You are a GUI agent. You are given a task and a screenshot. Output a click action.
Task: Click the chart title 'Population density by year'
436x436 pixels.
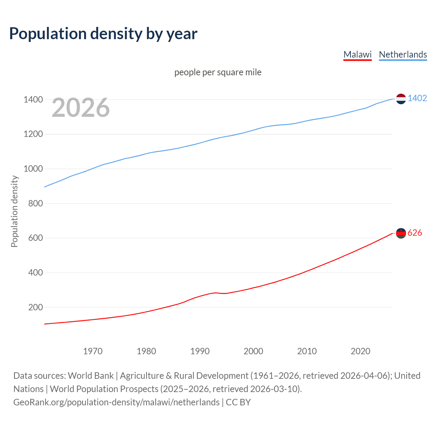(103, 34)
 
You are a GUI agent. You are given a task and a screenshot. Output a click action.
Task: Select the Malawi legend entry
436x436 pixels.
(357, 54)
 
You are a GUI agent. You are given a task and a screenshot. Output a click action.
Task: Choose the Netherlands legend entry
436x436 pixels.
(403, 54)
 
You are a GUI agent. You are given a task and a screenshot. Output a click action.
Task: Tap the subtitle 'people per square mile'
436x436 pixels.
(218, 72)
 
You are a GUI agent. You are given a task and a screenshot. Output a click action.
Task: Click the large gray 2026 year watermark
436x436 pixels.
(81, 108)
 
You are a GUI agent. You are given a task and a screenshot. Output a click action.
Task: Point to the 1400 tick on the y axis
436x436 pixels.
(33, 99)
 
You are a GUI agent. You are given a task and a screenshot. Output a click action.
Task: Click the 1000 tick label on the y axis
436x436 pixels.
(33, 169)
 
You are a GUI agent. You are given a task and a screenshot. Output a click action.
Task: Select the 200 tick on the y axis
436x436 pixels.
(35, 307)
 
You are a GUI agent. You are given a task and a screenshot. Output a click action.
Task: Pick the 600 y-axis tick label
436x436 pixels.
(35, 238)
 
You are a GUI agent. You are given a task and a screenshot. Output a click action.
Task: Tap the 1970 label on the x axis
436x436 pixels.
(93, 351)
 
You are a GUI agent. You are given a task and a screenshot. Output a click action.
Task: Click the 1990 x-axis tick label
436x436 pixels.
(200, 351)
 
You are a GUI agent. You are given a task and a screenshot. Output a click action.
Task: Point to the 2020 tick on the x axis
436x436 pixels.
(360, 351)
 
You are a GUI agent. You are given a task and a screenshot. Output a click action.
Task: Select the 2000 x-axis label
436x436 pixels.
(253, 351)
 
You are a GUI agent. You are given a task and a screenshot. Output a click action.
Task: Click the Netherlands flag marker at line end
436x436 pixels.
(401, 99)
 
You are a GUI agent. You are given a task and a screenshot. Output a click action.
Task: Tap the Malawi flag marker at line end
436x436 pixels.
(401, 233)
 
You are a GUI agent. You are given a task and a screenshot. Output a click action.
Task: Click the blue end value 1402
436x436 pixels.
(417, 98)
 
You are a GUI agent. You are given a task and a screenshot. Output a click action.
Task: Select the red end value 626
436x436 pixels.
(415, 233)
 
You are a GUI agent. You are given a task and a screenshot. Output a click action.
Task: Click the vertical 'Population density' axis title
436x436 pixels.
(14, 211)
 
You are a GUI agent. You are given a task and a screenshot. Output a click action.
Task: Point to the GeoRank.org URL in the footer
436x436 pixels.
(116, 402)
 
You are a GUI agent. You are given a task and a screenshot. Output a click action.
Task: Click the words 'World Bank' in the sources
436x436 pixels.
(91, 376)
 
